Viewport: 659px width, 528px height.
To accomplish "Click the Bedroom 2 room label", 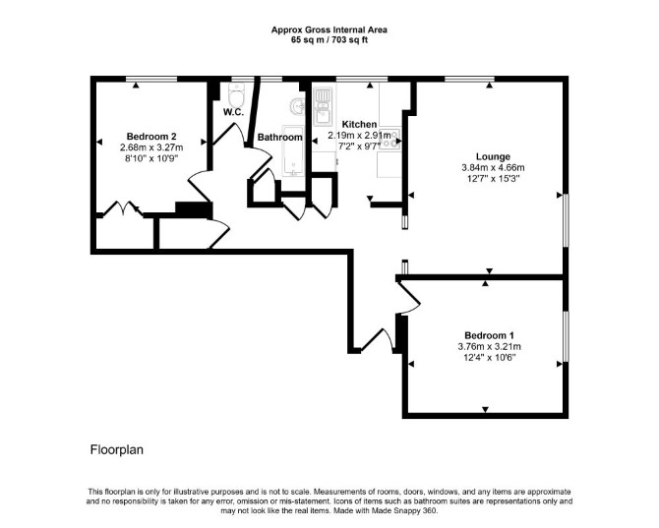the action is click(151, 137).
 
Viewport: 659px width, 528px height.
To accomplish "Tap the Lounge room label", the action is click(493, 156).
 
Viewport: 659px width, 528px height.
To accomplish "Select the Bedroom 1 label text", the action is click(489, 335).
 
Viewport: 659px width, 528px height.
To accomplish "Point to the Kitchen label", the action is click(359, 124).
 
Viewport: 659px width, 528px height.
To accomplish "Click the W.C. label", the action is click(233, 112).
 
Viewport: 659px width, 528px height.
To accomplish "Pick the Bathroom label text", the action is click(280, 138).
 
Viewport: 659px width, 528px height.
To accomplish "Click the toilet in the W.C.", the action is click(237, 94).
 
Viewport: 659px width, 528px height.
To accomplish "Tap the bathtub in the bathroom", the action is click(292, 150).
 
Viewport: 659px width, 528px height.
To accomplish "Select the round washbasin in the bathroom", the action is click(297, 106).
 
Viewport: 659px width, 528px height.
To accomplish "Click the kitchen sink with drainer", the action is click(323, 106).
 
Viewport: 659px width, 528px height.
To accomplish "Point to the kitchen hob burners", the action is click(390, 139).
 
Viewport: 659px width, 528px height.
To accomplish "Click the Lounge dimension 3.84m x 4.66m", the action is click(493, 167).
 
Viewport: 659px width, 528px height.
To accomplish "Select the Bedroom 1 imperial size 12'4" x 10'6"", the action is click(489, 358).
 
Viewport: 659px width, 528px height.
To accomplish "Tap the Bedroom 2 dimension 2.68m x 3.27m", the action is click(151, 147).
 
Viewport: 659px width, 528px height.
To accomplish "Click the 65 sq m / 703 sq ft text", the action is click(329, 40).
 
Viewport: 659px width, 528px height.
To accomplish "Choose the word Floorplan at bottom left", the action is click(117, 450).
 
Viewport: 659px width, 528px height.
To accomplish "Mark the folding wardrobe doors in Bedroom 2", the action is click(123, 208).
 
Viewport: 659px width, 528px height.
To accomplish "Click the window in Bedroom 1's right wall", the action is click(566, 336).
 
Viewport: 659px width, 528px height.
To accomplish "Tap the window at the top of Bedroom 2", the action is click(151, 79).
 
